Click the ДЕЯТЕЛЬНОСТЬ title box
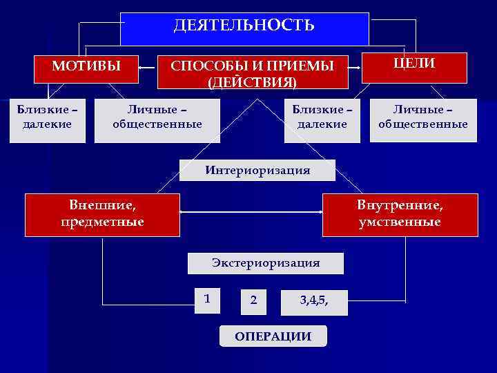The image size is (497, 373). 244,28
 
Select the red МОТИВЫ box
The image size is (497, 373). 86,67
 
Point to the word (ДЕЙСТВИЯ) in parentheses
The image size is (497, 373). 253,82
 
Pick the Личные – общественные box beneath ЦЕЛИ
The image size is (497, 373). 422,117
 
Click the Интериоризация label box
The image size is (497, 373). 257,170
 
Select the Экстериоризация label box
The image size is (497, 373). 266,262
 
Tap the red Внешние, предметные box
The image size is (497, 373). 102,214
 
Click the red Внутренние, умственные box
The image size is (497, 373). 400,214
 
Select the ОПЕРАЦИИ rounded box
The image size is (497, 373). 273,336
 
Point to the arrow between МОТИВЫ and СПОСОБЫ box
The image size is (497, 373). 148,68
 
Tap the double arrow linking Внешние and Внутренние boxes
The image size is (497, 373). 251,214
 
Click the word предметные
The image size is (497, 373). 102,222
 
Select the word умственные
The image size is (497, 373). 400,222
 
